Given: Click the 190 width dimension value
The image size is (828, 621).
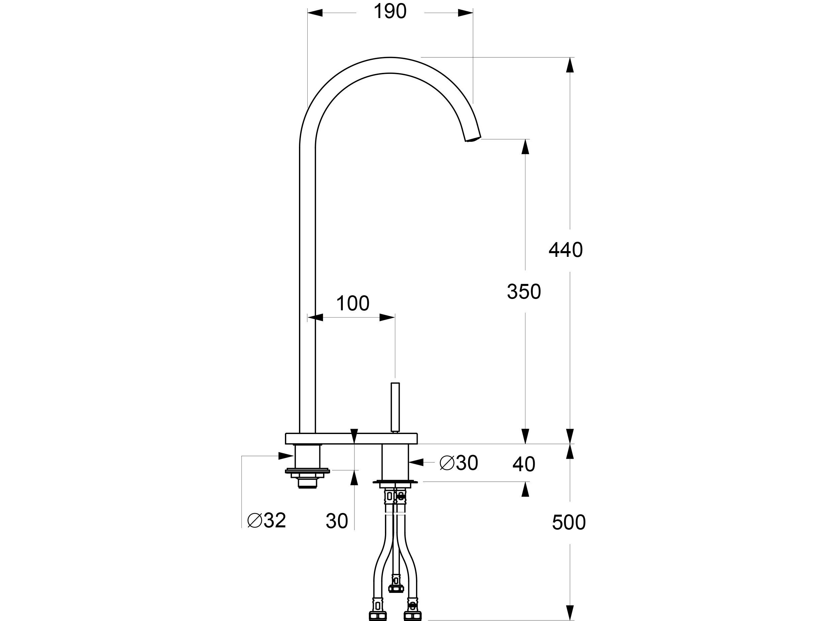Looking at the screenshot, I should [x=390, y=12].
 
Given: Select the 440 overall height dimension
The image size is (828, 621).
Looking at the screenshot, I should [x=565, y=250].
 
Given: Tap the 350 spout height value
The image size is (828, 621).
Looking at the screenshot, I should [x=524, y=292].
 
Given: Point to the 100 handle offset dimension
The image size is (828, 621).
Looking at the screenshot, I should [x=352, y=304].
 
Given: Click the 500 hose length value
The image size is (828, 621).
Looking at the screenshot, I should [x=568, y=523].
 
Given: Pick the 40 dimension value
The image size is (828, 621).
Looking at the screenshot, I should [x=523, y=464].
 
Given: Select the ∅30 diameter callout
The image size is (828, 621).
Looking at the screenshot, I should [x=458, y=463].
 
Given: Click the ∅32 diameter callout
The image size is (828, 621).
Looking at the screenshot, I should [x=267, y=520].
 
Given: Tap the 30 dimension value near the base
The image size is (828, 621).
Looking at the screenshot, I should [x=336, y=521].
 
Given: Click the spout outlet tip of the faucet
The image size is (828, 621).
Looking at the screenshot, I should [x=473, y=139].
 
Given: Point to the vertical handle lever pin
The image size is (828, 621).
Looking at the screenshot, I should [x=395, y=407].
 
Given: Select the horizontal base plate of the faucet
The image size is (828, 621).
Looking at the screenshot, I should [x=351, y=438].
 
